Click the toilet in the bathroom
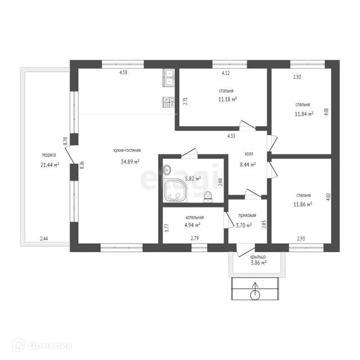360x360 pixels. point(208,197)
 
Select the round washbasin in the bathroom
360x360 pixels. point(167,169)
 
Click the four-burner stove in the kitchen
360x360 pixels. point(169,102)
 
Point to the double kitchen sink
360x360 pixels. point(169,78)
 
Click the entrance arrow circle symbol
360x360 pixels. point(255,295)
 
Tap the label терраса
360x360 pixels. point(49,155)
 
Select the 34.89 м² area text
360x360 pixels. point(130,161)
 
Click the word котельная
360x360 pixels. point(195,217)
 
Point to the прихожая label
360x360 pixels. point(247,215)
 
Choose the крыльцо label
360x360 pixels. point(258,257)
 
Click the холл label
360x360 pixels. point(249,154)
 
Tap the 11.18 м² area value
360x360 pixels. point(227,99)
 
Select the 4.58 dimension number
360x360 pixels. point(123,73)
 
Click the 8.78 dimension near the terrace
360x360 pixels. point(65,141)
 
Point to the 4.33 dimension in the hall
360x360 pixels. point(231,136)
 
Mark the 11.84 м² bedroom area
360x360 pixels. point(304,114)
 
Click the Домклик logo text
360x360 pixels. point(51,345)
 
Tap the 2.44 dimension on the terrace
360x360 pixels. point(44,238)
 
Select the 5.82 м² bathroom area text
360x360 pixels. point(193,178)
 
